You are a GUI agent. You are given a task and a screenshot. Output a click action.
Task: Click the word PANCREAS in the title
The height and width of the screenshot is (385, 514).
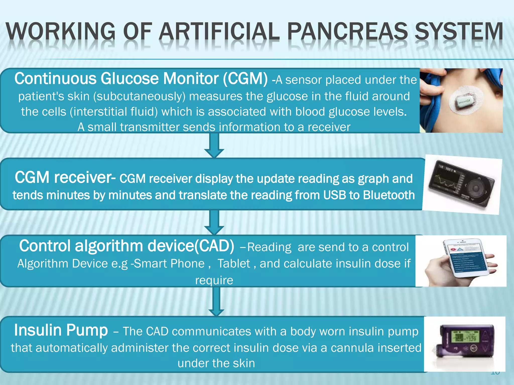347,32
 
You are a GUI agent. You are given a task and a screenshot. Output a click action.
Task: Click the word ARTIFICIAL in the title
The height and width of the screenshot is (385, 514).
219,32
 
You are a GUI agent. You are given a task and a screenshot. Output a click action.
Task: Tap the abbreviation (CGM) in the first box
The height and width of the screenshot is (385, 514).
245,79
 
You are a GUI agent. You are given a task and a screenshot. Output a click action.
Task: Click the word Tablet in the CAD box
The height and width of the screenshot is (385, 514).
234,264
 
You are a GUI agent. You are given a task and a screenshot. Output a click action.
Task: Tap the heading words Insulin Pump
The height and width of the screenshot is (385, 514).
61,330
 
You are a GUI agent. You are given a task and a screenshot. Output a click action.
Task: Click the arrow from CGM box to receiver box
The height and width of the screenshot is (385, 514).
214,145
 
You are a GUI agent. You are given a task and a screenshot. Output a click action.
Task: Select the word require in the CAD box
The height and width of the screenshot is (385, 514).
214,280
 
